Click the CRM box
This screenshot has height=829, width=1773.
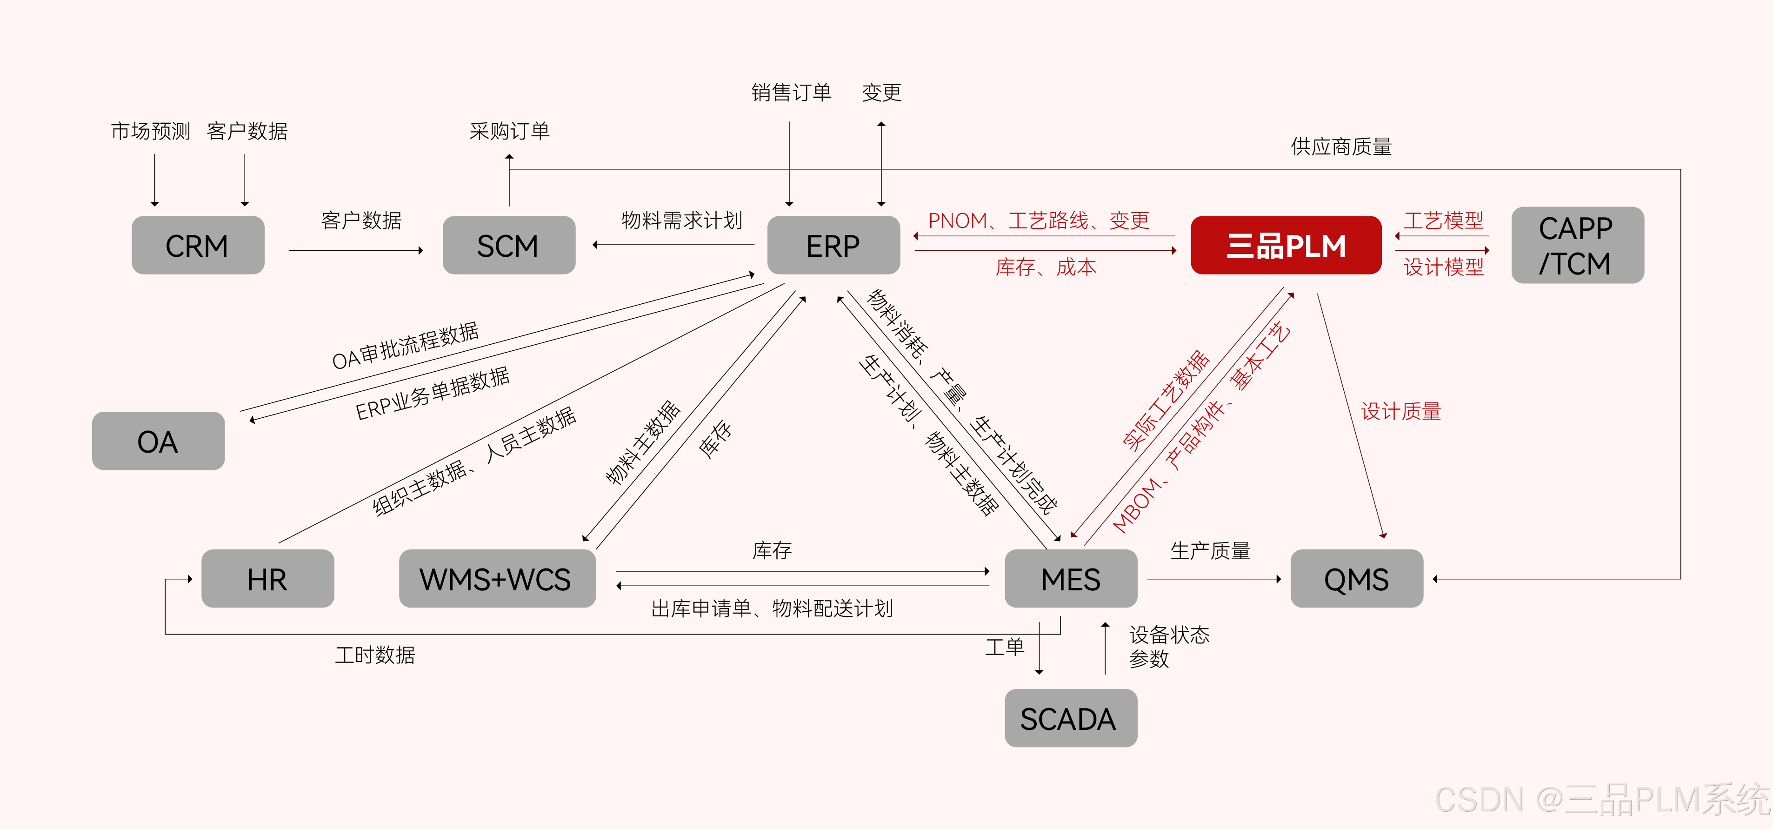pyautogui.click(x=198, y=245)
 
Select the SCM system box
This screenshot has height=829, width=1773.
pyautogui.click(x=509, y=245)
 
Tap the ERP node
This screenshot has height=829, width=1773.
pyautogui.click(x=833, y=245)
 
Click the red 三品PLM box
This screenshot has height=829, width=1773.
pyautogui.click(x=1286, y=245)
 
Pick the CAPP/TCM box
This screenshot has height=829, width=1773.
pyautogui.click(x=1577, y=245)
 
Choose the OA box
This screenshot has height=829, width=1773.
pyautogui.click(x=158, y=441)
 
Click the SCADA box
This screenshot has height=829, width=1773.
pyautogui.click(x=1070, y=718)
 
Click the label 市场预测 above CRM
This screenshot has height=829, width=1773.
pyautogui.click(x=151, y=131)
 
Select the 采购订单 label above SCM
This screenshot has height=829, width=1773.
pyautogui.click(x=509, y=131)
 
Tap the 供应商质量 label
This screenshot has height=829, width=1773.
pyautogui.click(x=1341, y=147)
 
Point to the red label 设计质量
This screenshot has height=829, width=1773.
pyautogui.click(x=1400, y=412)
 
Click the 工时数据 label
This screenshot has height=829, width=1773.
pyautogui.click(x=375, y=655)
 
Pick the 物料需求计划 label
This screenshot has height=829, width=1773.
pyautogui.click(x=681, y=221)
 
